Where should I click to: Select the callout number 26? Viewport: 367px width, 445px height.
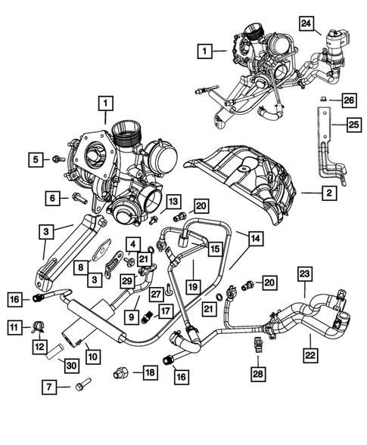pyautogui.click(x=347, y=100)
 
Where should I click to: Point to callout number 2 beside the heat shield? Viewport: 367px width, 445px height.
pyautogui.click(x=328, y=193)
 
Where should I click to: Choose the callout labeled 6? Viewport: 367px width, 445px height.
pyautogui.click(x=54, y=198)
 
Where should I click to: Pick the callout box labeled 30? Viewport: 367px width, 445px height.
pyautogui.click(x=70, y=366)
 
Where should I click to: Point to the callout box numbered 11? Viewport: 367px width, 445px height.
pyautogui.click(x=13, y=326)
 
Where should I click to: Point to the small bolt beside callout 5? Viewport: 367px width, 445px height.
pyautogui.click(x=57, y=159)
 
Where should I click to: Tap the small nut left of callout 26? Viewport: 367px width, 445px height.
pyautogui.click(x=323, y=99)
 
